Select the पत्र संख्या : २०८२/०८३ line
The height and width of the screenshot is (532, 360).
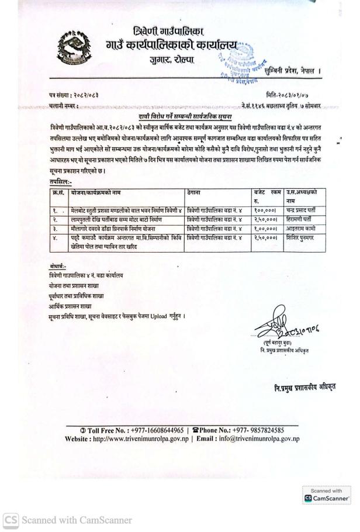(74, 94)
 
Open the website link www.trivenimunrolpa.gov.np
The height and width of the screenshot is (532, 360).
(134, 438)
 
